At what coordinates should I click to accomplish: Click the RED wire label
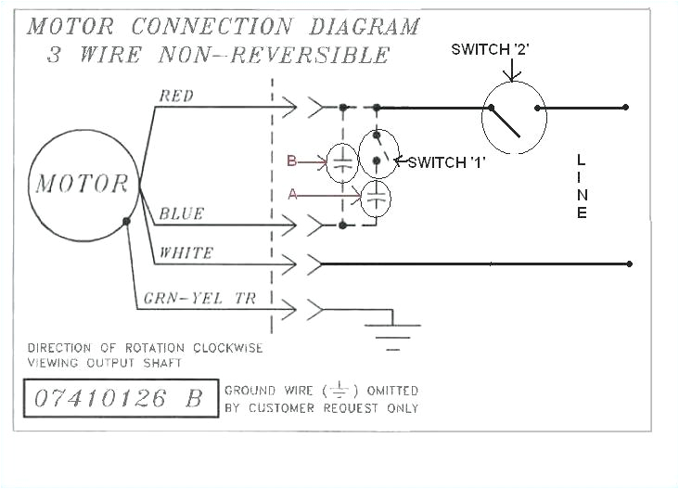tap(177, 95)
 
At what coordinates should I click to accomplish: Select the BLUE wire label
tap(181, 213)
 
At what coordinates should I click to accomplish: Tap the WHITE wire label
tap(186, 252)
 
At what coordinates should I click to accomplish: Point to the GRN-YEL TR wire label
tap(199, 299)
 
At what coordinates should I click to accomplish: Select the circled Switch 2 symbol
tap(514, 118)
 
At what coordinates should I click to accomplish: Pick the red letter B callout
tap(291, 161)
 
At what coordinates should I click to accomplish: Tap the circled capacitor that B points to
tap(342, 163)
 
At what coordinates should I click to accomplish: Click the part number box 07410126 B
tap(118, 399)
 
